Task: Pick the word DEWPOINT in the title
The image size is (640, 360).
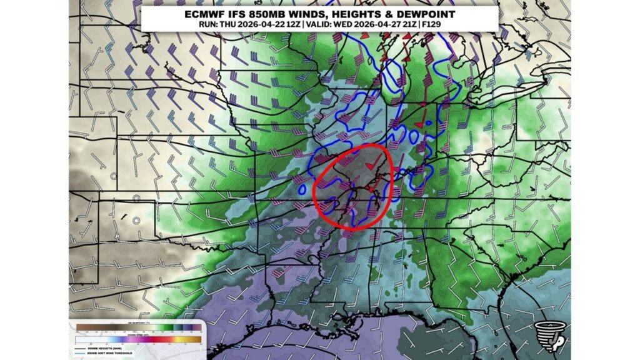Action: [427, 14]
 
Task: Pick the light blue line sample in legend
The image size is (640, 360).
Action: [80, 354]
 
